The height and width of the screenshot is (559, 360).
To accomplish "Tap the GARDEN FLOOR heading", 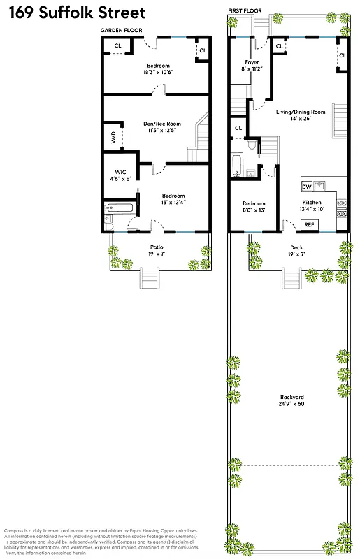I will coord(123,31).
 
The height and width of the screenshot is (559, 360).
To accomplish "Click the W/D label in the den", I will coord(113,137).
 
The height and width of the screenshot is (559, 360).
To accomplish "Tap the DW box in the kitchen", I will coord(307,187).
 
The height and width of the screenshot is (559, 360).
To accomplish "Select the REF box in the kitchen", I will coord(308,225).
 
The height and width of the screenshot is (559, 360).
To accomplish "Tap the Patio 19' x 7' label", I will coord(156,250).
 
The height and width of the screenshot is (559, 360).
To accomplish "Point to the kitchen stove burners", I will coord(342,205).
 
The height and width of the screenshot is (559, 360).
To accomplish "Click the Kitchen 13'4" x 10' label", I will coord(312,206).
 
